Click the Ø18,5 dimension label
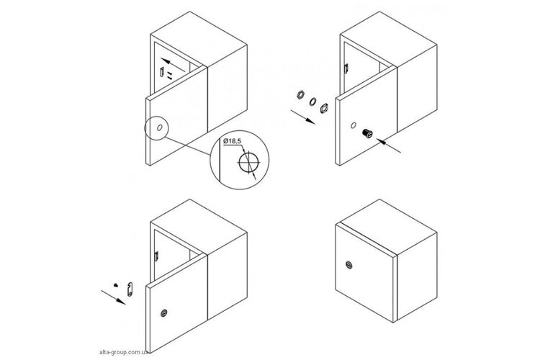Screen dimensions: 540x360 click(x=233, y=141)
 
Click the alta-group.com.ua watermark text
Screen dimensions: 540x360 click(x=124, y=352)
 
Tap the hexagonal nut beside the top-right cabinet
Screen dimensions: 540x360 click(x=301, y=94)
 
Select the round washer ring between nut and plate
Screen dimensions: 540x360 click(x=313, y=102)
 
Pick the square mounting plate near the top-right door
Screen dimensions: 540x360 click(x=324, y=109)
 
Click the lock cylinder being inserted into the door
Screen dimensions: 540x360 click(x=367, y=133)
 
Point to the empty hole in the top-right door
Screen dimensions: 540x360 click(x=353, y=125)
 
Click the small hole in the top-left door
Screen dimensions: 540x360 click(x=159, y=127)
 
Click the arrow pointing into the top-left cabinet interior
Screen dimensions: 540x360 click(x=174, y=65)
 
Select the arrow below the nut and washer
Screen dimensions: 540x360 click(x=302, y=117)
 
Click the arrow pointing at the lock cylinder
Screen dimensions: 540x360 click(x=389, y=145)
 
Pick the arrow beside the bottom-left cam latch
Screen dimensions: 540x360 click(x=113, y=297)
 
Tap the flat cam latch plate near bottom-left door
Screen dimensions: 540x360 click(x=130, y=289)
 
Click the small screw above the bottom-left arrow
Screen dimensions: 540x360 click(x=116, y=285)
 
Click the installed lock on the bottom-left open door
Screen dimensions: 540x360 click(x=164, y=312)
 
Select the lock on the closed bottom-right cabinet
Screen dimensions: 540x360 click(x=349, y=265)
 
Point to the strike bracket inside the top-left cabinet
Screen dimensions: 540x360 click(x=161, y=72)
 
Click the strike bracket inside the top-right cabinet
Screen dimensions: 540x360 click(x=346, y=68)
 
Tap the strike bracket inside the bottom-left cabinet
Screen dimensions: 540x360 click(x=157, y=256)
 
